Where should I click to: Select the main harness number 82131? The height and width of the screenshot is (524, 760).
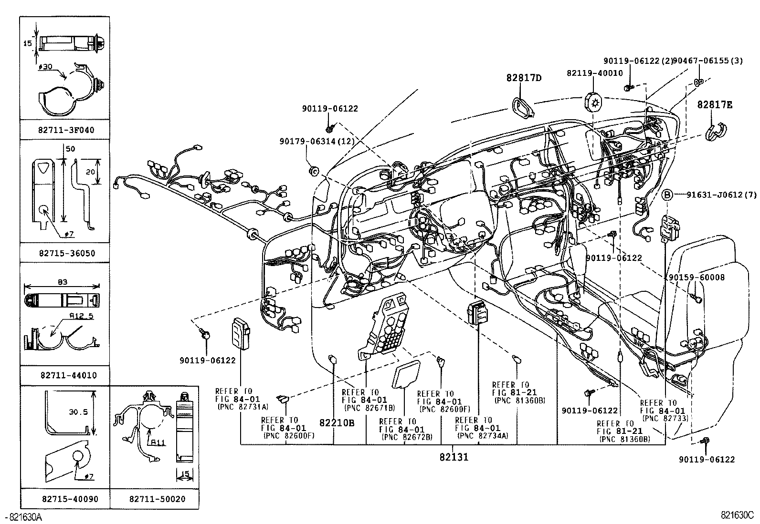454,457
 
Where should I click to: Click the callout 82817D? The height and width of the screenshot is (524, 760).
524,78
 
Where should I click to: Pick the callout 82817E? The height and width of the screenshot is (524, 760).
715,105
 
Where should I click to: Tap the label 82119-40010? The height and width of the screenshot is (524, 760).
594,73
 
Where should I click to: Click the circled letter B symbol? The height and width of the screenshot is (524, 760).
668,195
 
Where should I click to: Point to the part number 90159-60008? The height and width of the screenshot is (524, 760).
696,277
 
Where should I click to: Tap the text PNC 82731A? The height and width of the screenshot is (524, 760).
243,407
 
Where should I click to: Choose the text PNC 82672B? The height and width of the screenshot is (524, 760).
406,437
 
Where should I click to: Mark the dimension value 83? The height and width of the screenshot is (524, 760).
63,282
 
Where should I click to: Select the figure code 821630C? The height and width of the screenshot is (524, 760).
737,516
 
